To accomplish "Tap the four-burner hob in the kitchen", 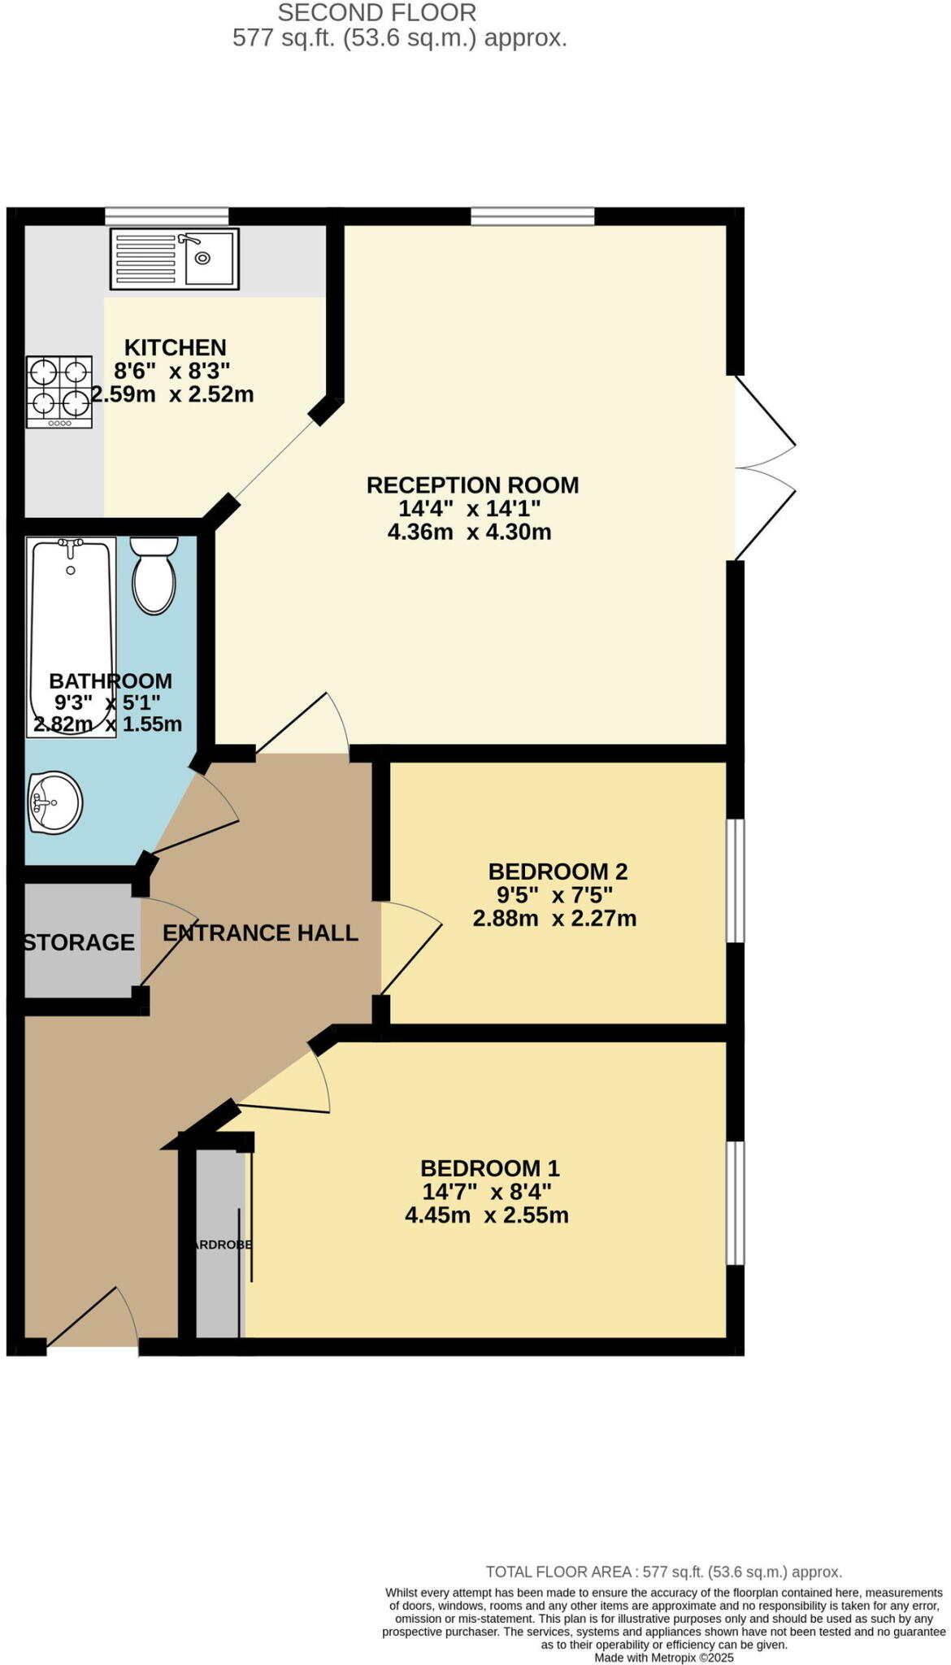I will (x=59, y=391).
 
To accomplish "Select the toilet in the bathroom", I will (x=154, y=576).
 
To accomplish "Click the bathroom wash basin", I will (x=54, y=803).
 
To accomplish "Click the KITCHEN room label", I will (x=175, y=348).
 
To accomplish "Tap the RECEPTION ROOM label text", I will (x=472, y=485).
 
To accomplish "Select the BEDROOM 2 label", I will (x=558, y=872).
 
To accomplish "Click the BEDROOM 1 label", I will (x=489, y=1168).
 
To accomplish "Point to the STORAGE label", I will (x=79, y=942).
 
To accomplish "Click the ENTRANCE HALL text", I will (x=260, y=932).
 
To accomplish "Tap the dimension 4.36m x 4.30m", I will (x=469, y=533).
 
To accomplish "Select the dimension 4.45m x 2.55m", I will (x=486, y=1215).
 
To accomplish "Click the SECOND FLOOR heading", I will (x=376, y=13).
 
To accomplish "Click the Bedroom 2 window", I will (x=735, y=880).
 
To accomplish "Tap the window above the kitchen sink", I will (x=167, y=215).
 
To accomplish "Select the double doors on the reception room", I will (x=764, y=467).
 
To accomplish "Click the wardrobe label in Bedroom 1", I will (x=221, y=1244).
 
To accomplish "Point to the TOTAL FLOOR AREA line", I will (x=663, y=1572).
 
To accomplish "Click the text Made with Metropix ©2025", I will (x=663, y=1658).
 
